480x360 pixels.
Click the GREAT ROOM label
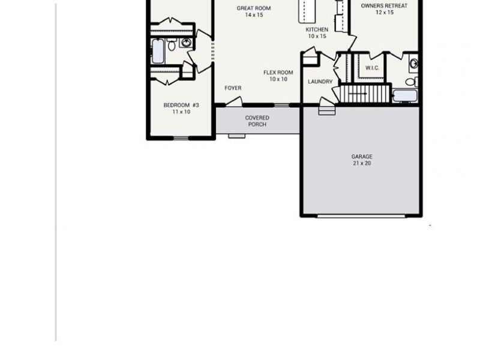coord(254,8)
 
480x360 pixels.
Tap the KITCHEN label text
coord(317,30)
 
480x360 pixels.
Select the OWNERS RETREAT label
coord(384,6)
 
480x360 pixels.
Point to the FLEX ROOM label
coord(278,73)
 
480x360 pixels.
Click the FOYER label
coord(233,88)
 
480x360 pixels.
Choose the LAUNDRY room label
coord(320,82)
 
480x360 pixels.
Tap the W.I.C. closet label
coord(372,68)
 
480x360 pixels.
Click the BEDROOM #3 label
coord(181,105)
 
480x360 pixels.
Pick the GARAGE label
coord(362,157)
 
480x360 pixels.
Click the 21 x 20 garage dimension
coord(362,163)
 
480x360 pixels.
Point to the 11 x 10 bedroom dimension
coord(181,112)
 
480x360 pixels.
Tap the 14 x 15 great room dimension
coord(254,15)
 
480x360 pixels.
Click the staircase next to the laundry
coord(358,94)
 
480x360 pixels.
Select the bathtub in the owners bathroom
coord(405,95)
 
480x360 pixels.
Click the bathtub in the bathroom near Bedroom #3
coord(158,51)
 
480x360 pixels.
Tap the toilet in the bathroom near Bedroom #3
coord(172,45)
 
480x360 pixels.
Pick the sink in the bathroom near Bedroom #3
coord(186,43)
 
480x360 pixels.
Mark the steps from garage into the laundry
coord(326,109)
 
